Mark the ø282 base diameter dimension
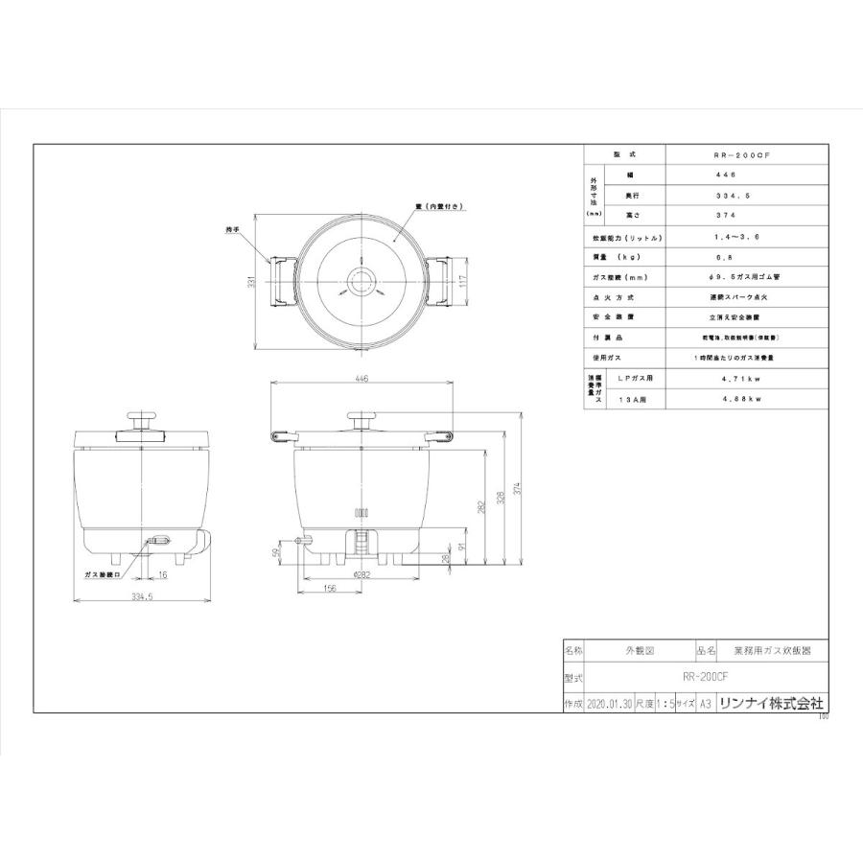point(362,574)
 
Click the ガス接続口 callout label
point(101,574)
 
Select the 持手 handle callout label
point(232,229)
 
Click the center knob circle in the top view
point(362,282)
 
